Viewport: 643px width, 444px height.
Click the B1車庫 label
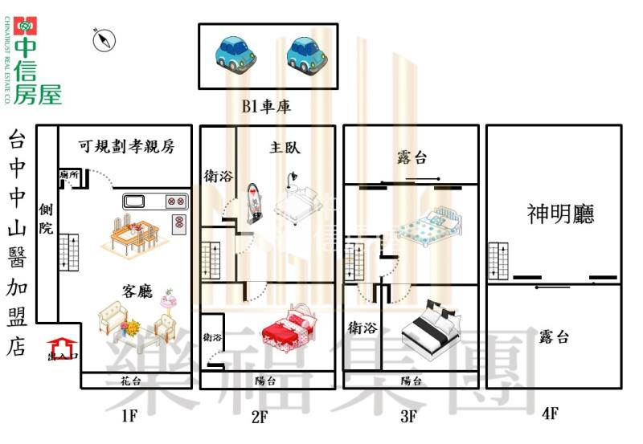(x=266, y=107)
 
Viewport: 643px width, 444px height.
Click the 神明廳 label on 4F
(x=560, y=214)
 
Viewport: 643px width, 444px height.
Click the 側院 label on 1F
(x=46, y=218)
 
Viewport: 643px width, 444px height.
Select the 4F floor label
(x=550, y=414)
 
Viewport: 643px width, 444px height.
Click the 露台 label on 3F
(x=412, y=156)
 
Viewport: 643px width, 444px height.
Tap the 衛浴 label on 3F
(x=362, y=328)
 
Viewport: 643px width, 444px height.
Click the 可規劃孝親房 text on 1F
(x=126, y=147)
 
